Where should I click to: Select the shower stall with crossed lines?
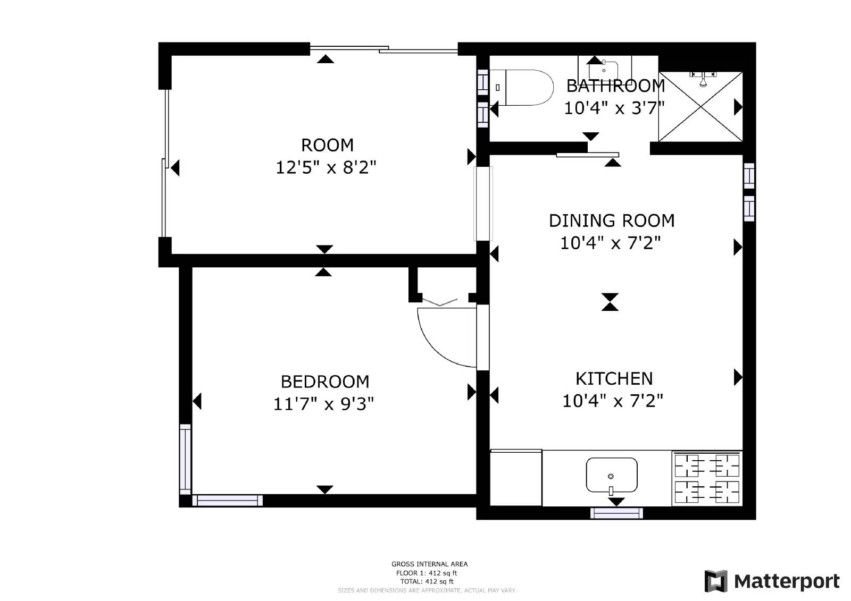700,106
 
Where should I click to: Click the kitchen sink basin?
611,475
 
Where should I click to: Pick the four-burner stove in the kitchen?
707,478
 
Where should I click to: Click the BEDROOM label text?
324,382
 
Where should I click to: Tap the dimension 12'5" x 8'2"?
326,168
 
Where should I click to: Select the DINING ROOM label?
611,221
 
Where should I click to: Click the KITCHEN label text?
614,378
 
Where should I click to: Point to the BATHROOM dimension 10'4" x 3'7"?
614,108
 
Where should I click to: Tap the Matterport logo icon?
715,581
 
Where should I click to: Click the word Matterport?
787,581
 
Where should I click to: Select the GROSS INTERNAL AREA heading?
429,564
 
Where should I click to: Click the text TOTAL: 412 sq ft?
427,582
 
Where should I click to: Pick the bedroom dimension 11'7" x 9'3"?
323,404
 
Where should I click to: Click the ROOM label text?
327,145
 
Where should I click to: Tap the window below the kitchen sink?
616,513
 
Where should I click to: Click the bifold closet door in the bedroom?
439,303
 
